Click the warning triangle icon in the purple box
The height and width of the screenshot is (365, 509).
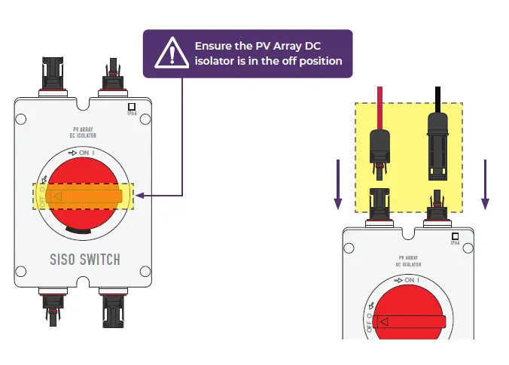click(173, 53)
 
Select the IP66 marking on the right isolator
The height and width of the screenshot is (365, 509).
click(454, 239)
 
